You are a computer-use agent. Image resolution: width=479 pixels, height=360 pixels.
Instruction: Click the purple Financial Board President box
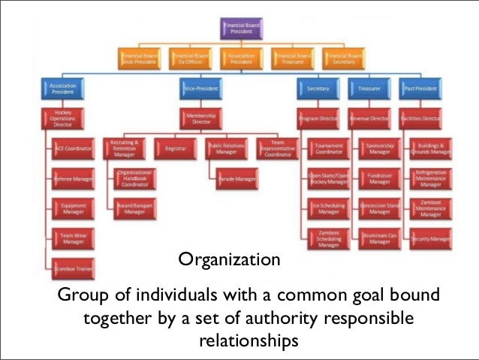(x=242, y=29)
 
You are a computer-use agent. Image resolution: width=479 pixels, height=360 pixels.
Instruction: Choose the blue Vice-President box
(x=200, y=89)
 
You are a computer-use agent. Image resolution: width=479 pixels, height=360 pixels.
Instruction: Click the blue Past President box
(x=421, y=89)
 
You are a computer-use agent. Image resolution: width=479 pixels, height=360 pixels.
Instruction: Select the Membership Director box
(x=200, y=119)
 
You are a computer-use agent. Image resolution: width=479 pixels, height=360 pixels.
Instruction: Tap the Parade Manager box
(x=230, y=180)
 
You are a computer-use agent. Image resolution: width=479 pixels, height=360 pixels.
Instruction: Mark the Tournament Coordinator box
(x=328, y=149)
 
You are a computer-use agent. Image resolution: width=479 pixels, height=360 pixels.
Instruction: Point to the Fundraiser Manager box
(x=380, y=178)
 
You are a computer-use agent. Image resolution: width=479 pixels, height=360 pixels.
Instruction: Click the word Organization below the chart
(x=229, y=262)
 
